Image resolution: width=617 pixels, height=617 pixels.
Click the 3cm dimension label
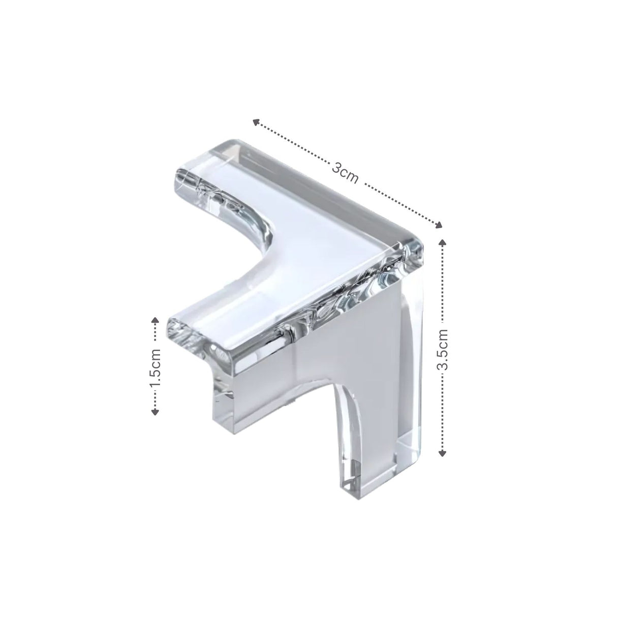[345, 173]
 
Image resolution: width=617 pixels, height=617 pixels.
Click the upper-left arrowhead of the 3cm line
[256, 122]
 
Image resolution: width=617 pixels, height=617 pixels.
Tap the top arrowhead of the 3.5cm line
[442, 242]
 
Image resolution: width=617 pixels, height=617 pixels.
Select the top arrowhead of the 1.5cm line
[156, 321]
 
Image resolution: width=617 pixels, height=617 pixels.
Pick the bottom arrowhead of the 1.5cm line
[156, 412]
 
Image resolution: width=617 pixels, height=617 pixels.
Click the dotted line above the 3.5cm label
[442, 285]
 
